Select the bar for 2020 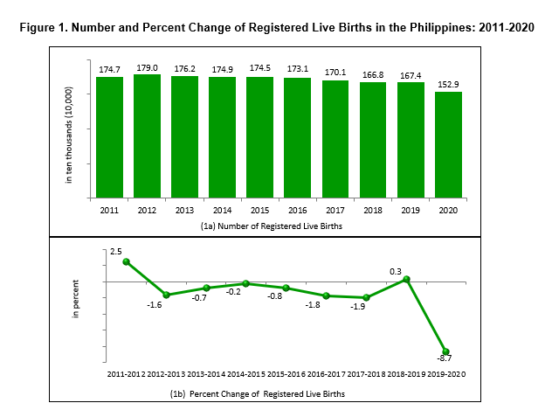coord(448,144)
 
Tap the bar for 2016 coord(298,137)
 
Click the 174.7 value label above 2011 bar coord(109,68)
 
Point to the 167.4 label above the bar coord(411,74)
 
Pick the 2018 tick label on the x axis coord(373,211)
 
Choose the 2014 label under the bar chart coord(222,211)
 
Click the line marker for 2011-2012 coord(126,261)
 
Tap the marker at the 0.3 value coord(406,279)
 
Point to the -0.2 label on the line coord(234,292)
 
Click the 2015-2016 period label coord(286,374)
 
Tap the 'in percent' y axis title coord(75,298)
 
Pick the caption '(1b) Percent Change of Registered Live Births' coord(257,394)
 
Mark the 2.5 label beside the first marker coord(115,252)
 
